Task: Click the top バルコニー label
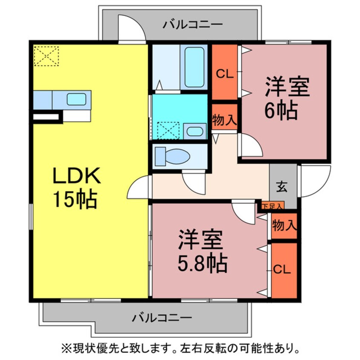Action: click(193, 24)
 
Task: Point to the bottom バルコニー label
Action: click(162, 317)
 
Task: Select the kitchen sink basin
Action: click(77, 100)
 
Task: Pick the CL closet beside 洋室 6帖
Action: click(224, 74)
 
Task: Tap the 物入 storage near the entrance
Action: click(284, 224)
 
